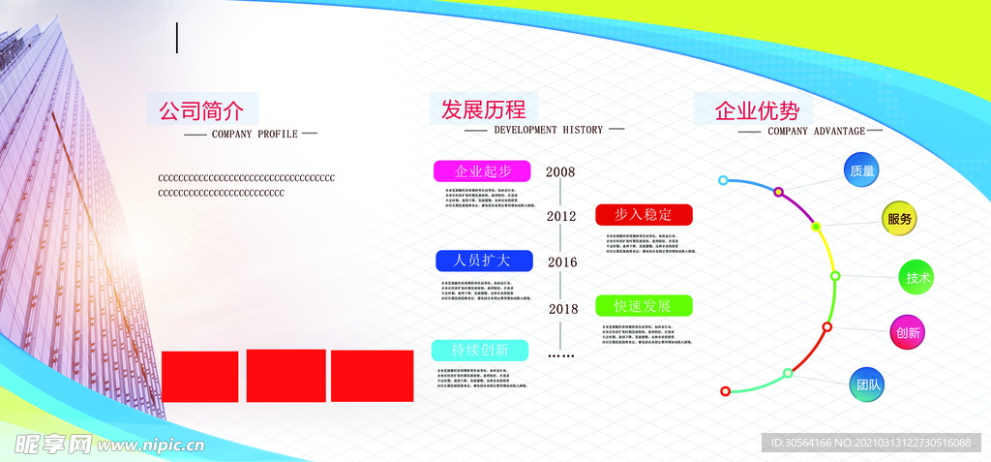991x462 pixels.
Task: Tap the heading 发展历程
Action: [483, 108]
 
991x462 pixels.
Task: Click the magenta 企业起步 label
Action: [482, 171]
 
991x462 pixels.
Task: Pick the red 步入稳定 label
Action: [644, 214]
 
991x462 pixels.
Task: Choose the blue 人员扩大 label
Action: [482, 261]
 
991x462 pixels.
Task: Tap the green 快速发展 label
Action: [644, 306]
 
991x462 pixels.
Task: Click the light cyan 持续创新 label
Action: [480, 350]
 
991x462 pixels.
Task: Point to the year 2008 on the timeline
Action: [560, 172]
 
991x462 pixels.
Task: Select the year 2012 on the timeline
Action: [561, 216]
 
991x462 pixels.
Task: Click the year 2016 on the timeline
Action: [562, 262]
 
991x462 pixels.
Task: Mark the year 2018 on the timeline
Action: [563, 309]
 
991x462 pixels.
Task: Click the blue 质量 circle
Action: [862, 171]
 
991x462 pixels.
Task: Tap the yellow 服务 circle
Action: [899, 219]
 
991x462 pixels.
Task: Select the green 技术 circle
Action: [917, 279]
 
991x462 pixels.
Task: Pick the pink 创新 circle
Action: [908, 333]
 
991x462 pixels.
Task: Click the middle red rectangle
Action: [285, 376]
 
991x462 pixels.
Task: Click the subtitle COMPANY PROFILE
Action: [255, 134]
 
